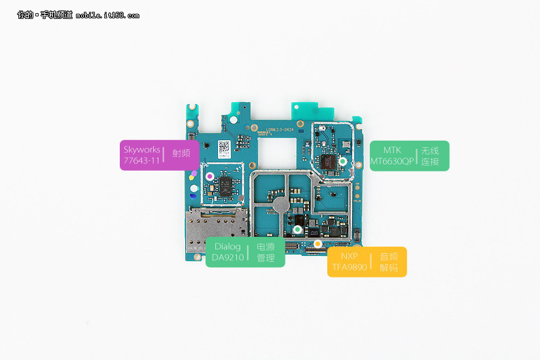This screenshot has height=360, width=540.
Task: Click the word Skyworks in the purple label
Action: pyautogui.click(x=141, y=149)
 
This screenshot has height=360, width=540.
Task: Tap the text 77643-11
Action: pyautogui.click(x=141, y=160)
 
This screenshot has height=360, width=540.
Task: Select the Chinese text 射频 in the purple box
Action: pyautogui.click(x=181, y=154)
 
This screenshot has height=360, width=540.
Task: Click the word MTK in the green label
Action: pyautogui.click(x=392, y=150)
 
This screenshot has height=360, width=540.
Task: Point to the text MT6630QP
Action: pyautogui.click(x=392, y=161)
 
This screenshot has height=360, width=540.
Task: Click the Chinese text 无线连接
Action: pyautogui.click(x=430, y=156)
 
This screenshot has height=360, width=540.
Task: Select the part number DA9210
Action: pyautogui.click(x=227, y=258)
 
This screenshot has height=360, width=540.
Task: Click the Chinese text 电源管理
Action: pyautogui.click(x=265, y=253)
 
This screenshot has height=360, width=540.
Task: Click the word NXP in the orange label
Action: pyautogui.click(x=349, y=256)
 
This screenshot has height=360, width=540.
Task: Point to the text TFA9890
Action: pyautogui.click(x=349, y=267)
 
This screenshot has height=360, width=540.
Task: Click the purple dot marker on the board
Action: pyautogui.click(x=209, y=176)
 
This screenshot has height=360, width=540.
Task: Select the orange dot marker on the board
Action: pyautogui.click(x=317, y=244)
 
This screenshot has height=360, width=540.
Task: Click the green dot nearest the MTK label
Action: pyautogui.click(x=342, y=160)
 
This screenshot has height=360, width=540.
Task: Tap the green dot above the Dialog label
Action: pyautogui.click(x=297, y=230)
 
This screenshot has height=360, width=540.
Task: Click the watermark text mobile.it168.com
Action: pyautogui.click(x=107, y=15)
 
